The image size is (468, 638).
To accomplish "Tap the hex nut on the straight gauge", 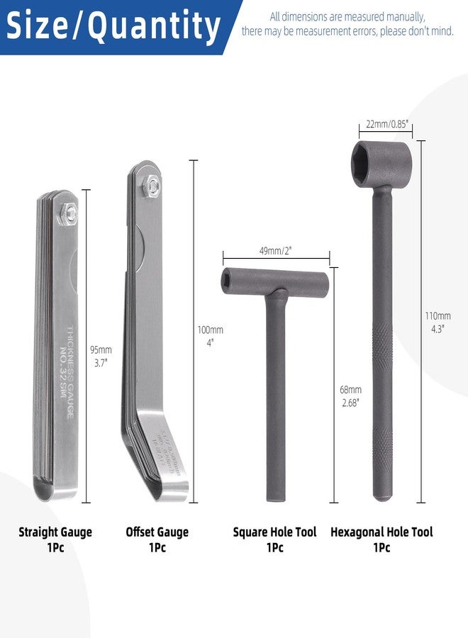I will [x=67, y=211].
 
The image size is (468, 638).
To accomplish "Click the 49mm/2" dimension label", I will [x=275, y=251].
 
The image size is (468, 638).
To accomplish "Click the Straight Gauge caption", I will [x=55, y=532].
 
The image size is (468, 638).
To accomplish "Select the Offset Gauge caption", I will [x=157, y=532].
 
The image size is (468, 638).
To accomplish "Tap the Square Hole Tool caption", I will [x=274, y=532].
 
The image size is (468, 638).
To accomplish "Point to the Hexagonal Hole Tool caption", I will [x=381, y=532].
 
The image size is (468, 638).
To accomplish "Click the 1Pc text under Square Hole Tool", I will [x=274, y=548].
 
